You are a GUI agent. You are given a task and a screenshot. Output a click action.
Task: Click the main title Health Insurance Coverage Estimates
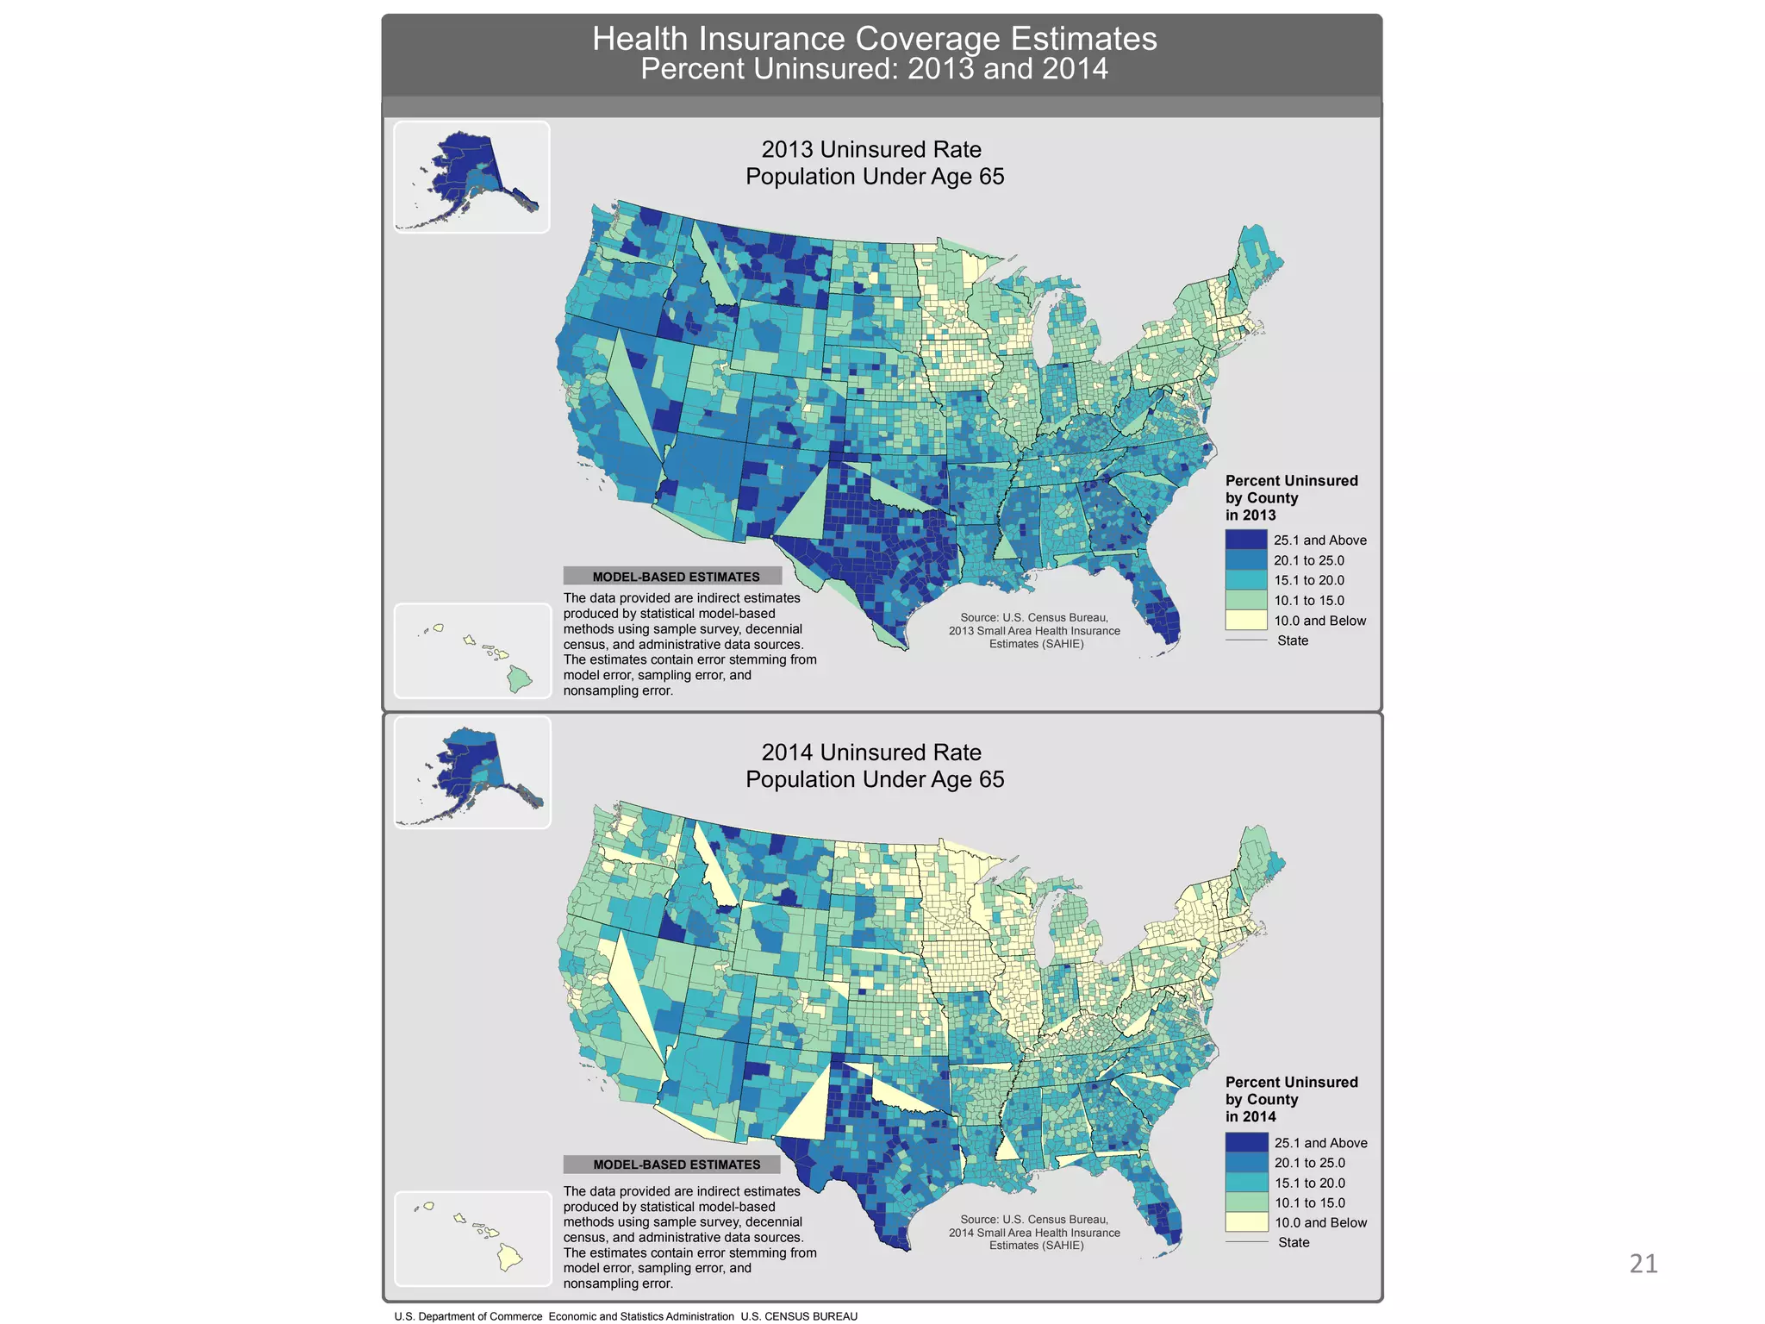pos(874,39)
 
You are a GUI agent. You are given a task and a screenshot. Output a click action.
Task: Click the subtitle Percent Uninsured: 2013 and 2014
pos(874,69)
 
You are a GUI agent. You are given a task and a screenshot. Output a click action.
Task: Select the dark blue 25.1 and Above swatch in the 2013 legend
pos(1246,540)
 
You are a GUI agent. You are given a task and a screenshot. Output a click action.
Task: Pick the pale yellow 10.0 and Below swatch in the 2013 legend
pos(1246,621)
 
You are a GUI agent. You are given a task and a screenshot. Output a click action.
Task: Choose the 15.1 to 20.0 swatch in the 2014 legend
pos(1246,1183)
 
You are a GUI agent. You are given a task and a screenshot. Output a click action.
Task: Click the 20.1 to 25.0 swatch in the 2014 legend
pos(1246,1163)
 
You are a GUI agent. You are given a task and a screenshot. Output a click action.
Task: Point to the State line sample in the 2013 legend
pos(1246,640)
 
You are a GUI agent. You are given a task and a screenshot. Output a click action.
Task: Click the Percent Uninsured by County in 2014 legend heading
pos(1291,1099)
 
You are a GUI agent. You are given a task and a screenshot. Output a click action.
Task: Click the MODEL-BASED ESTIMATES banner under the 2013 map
pos(673,577)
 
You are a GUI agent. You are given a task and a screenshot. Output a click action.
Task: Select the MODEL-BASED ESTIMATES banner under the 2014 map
pos(673,1165)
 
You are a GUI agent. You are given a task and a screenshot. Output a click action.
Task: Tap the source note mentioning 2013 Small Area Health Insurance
pos(1034,631)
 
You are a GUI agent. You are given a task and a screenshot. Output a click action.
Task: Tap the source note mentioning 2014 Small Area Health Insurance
pos(1034,1233)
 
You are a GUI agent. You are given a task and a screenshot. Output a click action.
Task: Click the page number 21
pos(1643,1264)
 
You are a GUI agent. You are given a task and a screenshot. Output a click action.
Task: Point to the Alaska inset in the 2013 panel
pos(472,177)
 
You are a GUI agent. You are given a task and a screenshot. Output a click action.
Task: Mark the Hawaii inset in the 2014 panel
pos(473,1239)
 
